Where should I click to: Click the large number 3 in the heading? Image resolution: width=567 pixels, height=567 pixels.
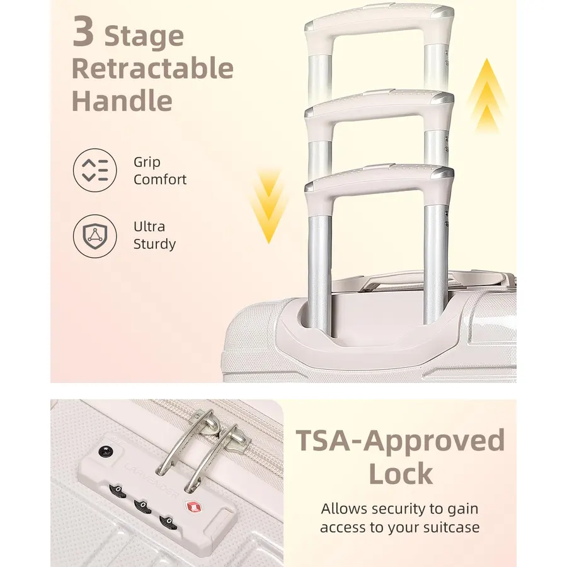(x=84, y=31)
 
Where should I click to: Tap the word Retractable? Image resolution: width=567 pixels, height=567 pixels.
(x=152, y=67)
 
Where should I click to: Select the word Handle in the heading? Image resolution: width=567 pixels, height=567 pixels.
(x=122, y=100)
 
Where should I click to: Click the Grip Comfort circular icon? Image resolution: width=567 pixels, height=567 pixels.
(x=94, y=170)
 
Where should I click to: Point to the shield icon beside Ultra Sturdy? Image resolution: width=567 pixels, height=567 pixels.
(x=94, y=236)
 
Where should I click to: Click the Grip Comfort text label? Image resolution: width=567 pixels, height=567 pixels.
(x=160, y=171)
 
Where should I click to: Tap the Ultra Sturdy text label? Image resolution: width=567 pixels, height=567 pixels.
(x=154, y=235)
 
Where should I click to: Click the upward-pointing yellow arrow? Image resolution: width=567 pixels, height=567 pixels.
(x=487, y=96)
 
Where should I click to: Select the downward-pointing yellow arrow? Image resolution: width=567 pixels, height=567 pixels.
(x=268, y=206)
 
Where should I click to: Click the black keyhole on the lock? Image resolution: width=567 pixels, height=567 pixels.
(x=106, y=452)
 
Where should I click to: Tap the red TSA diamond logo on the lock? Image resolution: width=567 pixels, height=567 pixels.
(x=193, y=506)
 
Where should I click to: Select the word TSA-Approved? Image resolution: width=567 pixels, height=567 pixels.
(x=400, y=440)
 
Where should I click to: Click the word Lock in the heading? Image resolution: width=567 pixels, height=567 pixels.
(x=401, y=473)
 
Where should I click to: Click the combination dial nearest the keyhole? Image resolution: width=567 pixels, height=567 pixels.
(x=118, y=491)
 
